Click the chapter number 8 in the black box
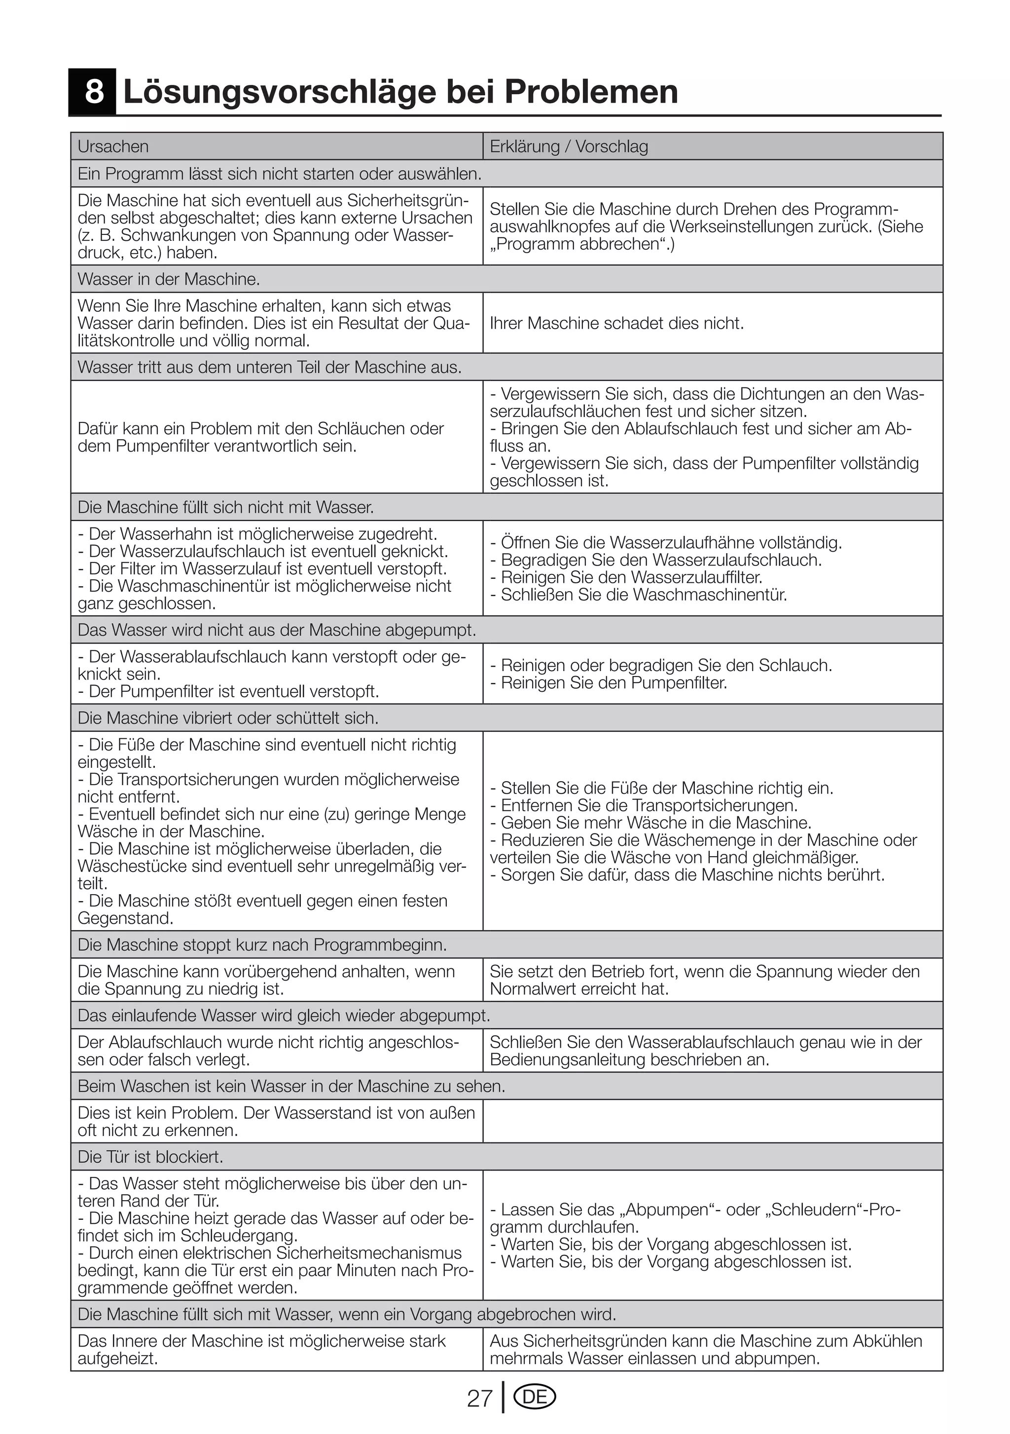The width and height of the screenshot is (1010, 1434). [x=94, y=92]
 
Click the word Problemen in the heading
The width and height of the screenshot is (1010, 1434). [x=590, y=92]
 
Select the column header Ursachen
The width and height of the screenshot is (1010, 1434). [x=113, y=146]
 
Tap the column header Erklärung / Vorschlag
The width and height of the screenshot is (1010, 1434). [x=569, y=146]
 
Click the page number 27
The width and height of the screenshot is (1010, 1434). [x=479, y=1398]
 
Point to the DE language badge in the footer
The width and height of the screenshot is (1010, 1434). [x=534, y=1397]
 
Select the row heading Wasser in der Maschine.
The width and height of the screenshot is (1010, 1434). [x=169, y=279]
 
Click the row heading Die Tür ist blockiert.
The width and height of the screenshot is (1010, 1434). [x=150, y=1157]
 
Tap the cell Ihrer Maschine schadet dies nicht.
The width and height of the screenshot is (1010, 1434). [x=617, y=324]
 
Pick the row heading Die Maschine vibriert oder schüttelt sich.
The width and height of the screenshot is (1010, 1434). [x=228, y=718]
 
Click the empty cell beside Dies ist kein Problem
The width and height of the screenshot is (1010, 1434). [x=712, y=1121]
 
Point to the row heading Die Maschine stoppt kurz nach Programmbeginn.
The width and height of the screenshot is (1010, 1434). [x=262, y=945]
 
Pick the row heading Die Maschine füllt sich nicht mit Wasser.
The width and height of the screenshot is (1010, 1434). [x=225, y=507]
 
